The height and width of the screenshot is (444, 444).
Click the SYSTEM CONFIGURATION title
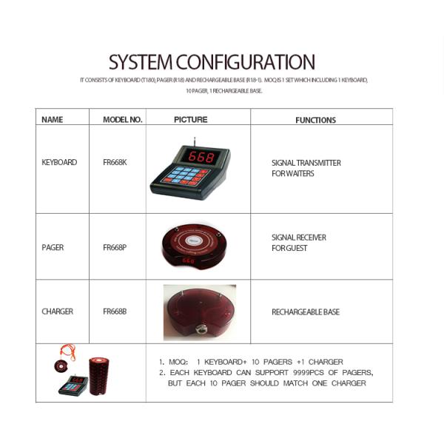(x=212, y=62)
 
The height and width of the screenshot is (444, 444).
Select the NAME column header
(x=52, y=119)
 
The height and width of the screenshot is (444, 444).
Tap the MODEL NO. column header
(x=122, y=119)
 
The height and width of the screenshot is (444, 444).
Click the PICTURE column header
(x=190, y=119)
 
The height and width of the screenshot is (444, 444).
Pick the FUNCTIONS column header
(x=315, y=120)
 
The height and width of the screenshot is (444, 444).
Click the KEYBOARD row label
(x=59, y=162)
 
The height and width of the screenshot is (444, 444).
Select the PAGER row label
(x=53, y=247)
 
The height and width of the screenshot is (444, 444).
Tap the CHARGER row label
(x=57, y=312)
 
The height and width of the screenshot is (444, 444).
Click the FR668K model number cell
(x=115, y=162)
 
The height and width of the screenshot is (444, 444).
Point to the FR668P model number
(x=115, y=247)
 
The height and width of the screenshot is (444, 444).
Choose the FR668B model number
(x=115, y=312)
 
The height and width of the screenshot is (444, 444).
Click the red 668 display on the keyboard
(x=201, y=157)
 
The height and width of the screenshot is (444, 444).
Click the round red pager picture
(x=194, y=245)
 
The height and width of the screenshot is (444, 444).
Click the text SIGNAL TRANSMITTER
(x=306, y=163)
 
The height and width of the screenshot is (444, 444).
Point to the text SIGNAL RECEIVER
(x=298, y=238)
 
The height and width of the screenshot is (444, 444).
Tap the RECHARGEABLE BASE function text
(x=305, y=312)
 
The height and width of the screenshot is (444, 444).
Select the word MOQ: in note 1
(x=178, y=362)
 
